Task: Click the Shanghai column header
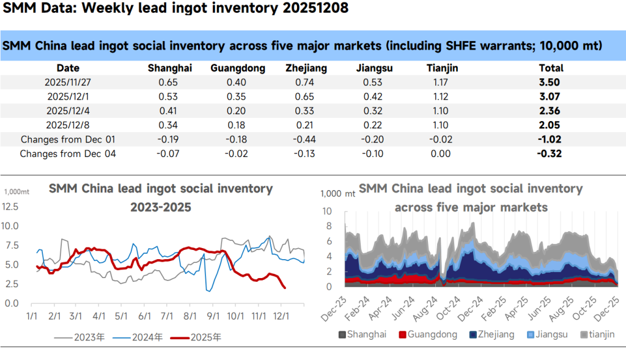(x=170, y=68)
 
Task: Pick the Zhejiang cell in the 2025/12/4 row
(x=306, y=111)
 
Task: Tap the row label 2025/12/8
(x=68, y=125)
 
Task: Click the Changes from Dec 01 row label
(x=68, y=139)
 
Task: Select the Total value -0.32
(x=550, y=154)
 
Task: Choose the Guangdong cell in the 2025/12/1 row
(x=238, y=97)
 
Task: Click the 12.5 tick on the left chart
(x=11, y=207)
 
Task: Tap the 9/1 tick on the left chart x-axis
(x=213, y=315)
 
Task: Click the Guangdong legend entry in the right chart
(x=428, y=334)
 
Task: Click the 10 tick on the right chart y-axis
(x=327, y=211)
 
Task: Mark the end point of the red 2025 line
(x=285, y=288)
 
